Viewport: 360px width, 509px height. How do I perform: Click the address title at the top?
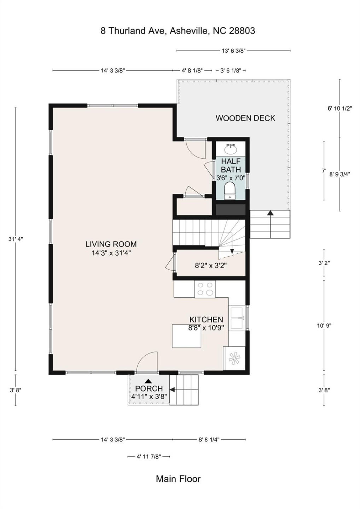pyautogui.click(x=178, y=31)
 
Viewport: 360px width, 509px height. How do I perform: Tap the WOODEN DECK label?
pyautogui.click(x=245, y=118)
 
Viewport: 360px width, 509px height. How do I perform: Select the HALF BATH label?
pyautogui.click(x=231, y=165)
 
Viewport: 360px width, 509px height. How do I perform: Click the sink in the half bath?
pyautogui.click(x=231, y=148)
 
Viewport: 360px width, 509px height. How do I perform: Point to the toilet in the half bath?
pyautogui.click(x=230, y=191)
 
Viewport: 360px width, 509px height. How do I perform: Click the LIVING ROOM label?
pyautogui.click(x=111, y=244)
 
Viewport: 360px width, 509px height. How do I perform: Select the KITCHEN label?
pyautogui.click(x=206, y=320)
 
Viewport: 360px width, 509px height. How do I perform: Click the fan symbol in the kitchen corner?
pyautogui.click(x=234, y=358)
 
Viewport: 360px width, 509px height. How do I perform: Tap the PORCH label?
pyautogui.click(x=149, y=389)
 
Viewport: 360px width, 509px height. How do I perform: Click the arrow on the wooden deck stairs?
pyautogui.click(x=270, y=213)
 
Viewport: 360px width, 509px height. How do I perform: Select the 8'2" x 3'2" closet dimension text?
pyautogui.click(x=211, y=265)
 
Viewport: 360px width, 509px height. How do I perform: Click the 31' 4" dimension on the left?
pyautogui.click(x=16, y=239)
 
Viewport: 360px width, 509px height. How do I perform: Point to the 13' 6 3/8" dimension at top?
pyautogui.click(x=233, y=51)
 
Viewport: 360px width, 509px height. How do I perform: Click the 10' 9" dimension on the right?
pyautogui.click(x=324, y=326)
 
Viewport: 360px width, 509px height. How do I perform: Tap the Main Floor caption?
pyautogui.click(x=178, y=479)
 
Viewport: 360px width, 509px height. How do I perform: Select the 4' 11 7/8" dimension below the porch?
pyautogui.click(x=149, y=457)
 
